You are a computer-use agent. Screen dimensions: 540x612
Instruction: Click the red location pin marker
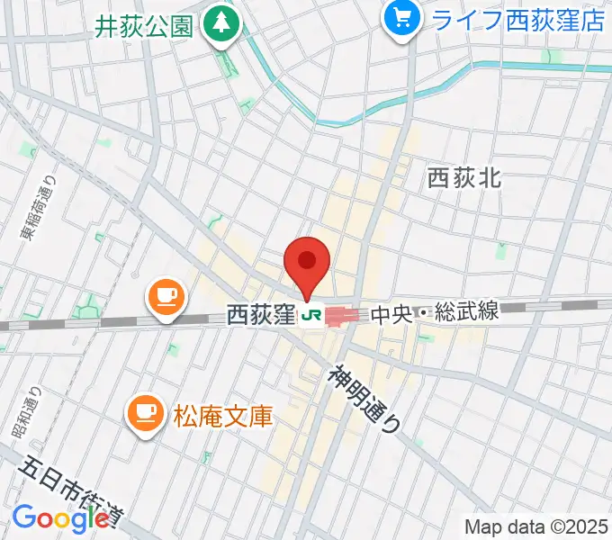pyautogui.click(x=307, y=263)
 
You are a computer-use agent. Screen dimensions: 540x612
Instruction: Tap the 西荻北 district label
pyautogui.click(x=464, y=178)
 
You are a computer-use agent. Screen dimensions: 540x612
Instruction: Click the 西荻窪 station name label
pyautogui.click(x=261, y=316)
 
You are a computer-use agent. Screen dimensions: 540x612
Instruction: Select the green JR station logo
pyautogui.click(x=312, y=316)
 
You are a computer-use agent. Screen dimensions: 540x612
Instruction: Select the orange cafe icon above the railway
pyautogui.click(x=166, y=296)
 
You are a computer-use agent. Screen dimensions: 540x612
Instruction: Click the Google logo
pyautogui.click(x=60, y=518)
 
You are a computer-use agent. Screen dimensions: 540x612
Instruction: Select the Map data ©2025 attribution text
pyautogui.click(x=535, y=526)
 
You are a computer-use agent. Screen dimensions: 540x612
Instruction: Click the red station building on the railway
pyautogui.click(x=343, y=316)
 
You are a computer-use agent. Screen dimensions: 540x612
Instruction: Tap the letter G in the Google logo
pyautogui.click(x=23, y=518)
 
